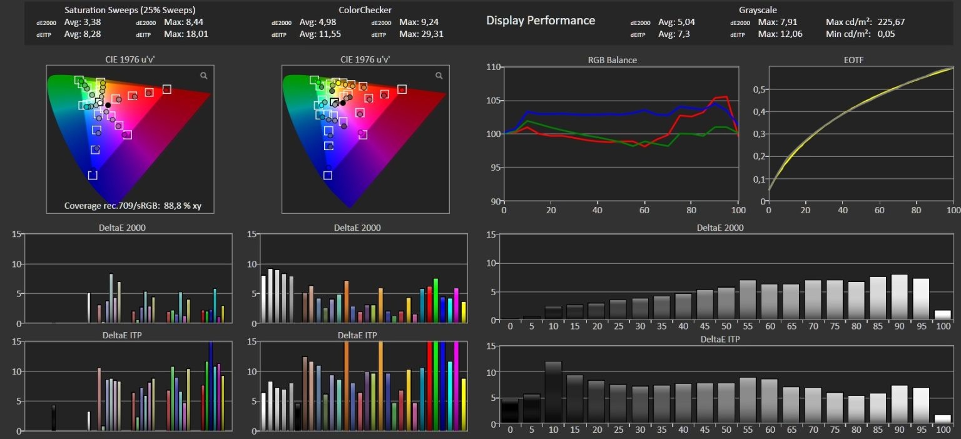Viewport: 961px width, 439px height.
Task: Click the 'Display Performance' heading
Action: [541, 21]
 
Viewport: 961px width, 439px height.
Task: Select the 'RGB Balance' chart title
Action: [613, 60]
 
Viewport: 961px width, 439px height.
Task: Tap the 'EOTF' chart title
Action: [853, 60]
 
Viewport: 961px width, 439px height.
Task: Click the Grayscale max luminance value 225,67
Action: [891, 22]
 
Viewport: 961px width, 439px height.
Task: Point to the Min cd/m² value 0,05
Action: [886, 34]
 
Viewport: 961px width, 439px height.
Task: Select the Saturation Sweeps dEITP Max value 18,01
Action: [197, 34]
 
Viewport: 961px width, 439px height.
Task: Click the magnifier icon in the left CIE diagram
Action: [204, 76]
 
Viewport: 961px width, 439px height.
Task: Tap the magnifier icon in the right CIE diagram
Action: [439, 76]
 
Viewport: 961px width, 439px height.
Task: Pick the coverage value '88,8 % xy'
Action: [182, 206]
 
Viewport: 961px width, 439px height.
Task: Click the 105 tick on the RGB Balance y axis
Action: [494, 101]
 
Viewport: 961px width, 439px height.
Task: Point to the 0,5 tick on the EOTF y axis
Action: [760, 89]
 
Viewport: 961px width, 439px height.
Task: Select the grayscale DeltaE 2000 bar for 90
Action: [899, 297]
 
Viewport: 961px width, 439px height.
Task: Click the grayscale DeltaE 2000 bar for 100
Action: [943, 315]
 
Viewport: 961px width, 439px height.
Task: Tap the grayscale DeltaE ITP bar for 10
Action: [554, 392]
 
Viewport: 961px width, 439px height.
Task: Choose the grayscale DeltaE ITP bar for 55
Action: [748, 401]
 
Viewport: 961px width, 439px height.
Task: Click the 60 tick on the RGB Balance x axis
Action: [644, 210]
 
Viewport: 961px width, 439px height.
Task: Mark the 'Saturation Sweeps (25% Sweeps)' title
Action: [130, 10]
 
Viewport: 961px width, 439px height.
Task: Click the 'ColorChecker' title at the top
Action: [365, 10]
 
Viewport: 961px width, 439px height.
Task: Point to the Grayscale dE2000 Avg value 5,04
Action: [676, 22]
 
